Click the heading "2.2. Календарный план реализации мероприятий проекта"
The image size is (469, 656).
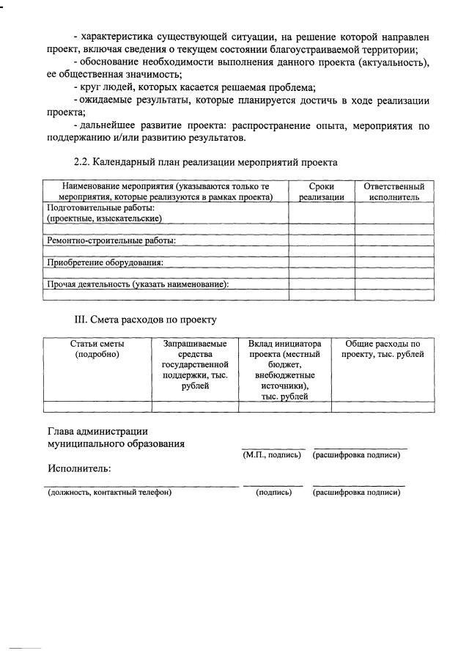205,161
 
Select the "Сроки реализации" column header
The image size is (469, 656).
322,192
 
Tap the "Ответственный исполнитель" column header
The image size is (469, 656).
394,192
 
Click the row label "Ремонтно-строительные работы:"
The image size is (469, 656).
111,240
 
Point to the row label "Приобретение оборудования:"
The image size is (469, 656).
105,262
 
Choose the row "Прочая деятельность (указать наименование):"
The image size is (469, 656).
138,284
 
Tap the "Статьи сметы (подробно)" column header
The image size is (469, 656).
97,349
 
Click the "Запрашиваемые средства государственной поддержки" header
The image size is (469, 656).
195,364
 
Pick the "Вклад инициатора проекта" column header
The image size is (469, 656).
285,369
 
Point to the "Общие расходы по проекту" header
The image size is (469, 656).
383,349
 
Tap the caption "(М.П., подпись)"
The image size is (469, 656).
272,455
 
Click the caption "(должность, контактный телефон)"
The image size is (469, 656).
109,493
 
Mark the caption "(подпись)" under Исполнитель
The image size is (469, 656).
273,493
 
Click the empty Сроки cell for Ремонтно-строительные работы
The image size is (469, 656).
322,240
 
